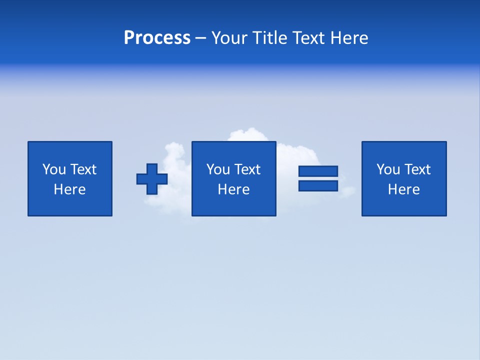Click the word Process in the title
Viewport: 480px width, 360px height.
pos(157,38)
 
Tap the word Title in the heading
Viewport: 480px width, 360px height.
pos(268,38)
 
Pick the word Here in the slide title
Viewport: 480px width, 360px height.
pos(349,38)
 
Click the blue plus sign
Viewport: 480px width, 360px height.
pos(152,179)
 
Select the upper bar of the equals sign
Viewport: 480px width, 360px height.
pos(318,171)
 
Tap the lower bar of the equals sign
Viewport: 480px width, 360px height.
pos(318,185)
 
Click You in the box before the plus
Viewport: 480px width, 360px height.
pos(54,169)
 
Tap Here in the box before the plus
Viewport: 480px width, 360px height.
pos(69,189)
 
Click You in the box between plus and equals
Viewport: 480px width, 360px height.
pos(218,169)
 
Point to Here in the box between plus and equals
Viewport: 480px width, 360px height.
pos(233,189)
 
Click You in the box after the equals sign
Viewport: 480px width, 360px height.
pos(388,169)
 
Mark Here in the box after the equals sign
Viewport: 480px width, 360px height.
pos(403,189)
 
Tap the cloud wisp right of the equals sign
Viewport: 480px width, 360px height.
pos(347,191)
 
